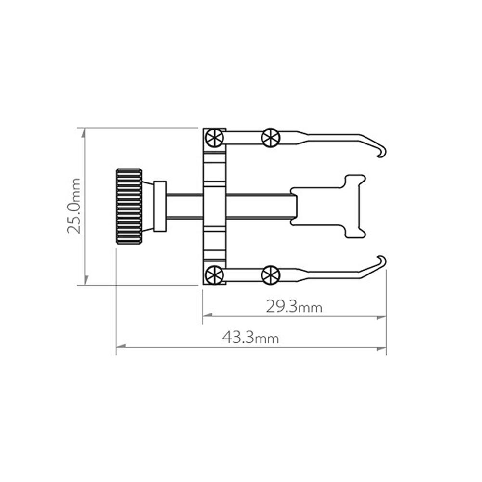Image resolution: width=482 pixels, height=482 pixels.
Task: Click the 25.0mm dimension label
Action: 74,206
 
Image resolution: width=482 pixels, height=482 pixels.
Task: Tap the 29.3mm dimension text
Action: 294,306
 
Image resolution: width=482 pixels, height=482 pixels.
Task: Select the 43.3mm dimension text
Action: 250,337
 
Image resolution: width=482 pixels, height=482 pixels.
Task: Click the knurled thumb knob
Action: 129,206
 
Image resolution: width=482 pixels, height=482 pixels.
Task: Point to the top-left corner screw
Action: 214,138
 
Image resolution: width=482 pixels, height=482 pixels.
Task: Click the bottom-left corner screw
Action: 214,275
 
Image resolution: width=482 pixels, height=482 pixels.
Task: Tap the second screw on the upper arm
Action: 271,137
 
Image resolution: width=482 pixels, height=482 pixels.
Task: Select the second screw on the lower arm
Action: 271,275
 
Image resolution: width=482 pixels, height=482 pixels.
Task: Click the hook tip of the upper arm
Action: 380,156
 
